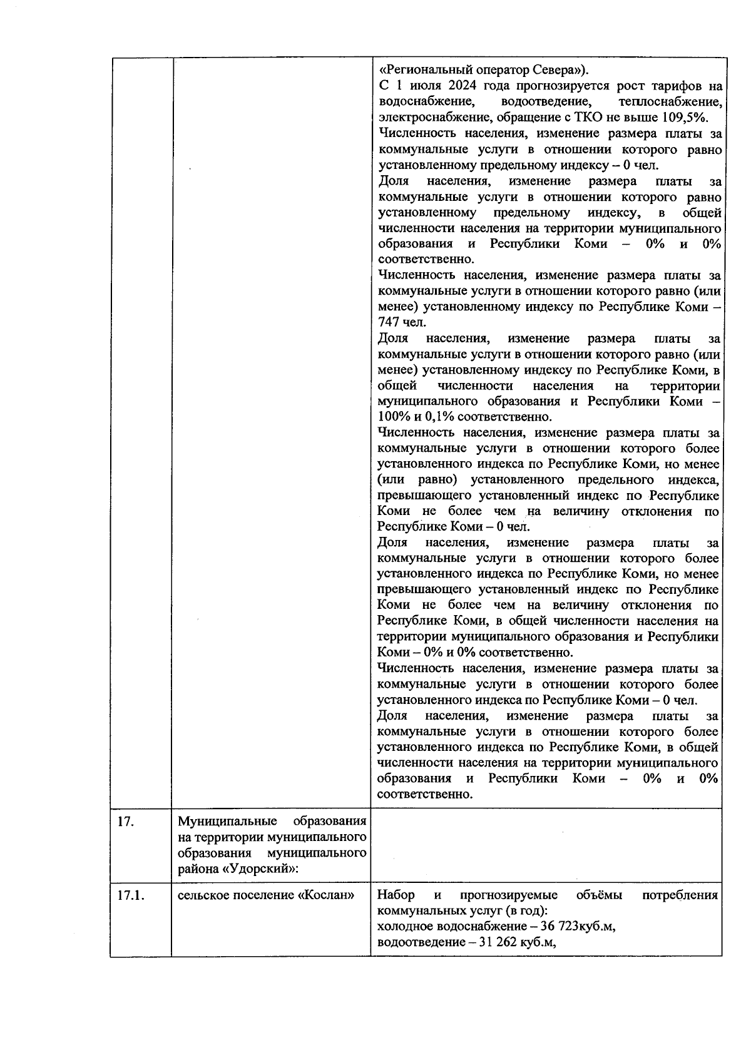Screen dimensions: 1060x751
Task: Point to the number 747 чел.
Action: pos(401,323)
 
